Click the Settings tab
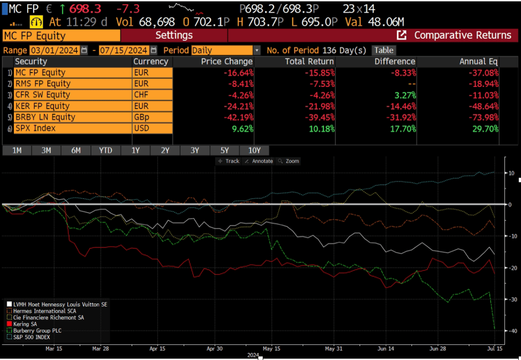coord(174,35)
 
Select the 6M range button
coord(76,150)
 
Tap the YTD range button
coord(106,150)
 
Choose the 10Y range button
coord(254,150)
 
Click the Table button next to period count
coord(383,50)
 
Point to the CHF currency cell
coord(152,95)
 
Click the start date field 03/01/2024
coord(54,50)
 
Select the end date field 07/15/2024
coord(123,50)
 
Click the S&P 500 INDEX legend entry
coord(31,337)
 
